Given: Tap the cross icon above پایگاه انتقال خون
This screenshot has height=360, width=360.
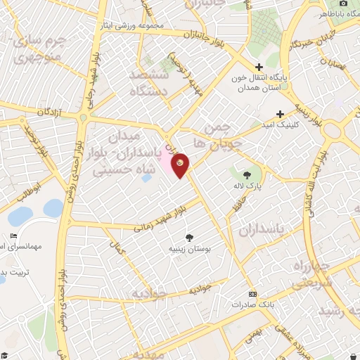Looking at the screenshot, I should [x=259, y=67].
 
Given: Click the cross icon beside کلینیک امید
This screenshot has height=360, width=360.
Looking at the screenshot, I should [x=280, y=113].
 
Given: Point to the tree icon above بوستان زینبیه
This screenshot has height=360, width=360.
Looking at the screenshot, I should [x=188, y=238].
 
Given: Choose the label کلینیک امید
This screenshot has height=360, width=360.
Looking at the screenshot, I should [x=284, y=124].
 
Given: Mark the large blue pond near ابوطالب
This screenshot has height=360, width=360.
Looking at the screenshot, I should [x=53, y=208].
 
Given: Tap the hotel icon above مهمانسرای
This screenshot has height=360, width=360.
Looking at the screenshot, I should [x=13, y=236].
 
